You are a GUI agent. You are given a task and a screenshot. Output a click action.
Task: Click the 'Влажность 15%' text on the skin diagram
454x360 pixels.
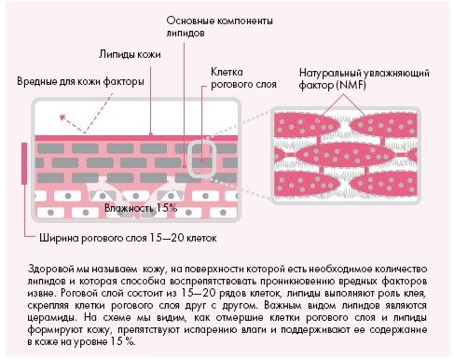point(140,207)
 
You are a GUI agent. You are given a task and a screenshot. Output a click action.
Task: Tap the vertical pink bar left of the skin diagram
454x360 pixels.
point(22,165)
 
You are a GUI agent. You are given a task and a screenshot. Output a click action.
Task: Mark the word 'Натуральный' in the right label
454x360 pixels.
point(331,72)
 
